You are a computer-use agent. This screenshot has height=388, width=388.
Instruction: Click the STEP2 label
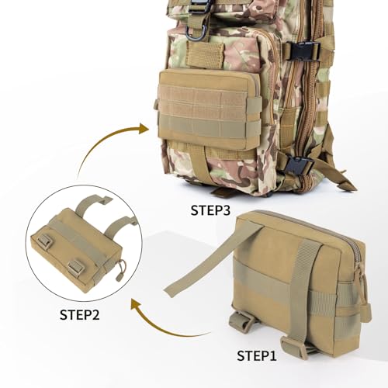click(82, 314)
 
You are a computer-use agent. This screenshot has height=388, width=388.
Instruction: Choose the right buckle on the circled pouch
click(76, 268)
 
